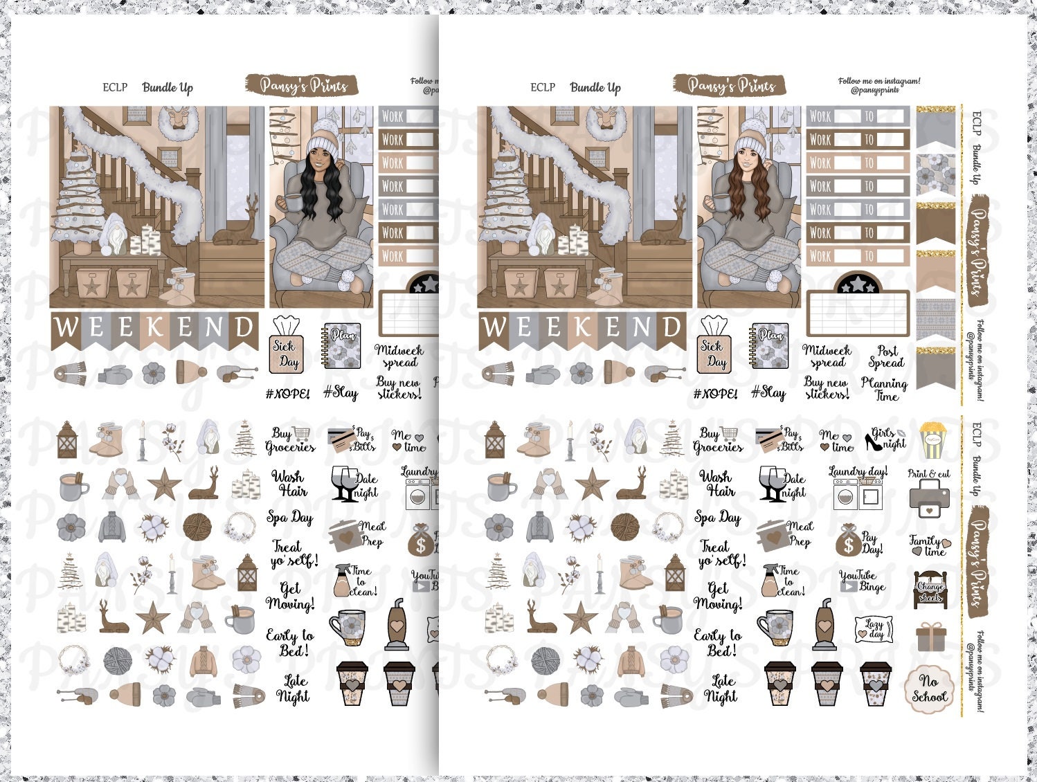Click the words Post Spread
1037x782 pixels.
coord(887,357)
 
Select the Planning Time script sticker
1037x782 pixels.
coord(884,389)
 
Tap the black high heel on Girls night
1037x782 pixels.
coord(873,441)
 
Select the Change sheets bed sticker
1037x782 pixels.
coord(930,590)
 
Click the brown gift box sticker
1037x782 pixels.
coord(930,637)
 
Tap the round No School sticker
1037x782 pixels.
coord(928,688)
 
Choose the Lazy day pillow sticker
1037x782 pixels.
coord(874,629)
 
